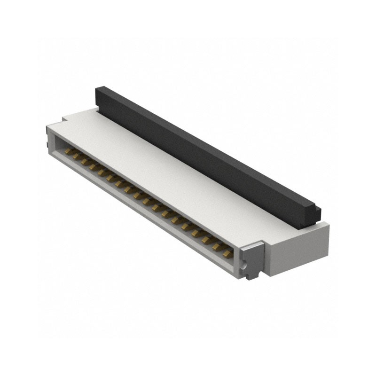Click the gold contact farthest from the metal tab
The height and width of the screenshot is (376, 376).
(x=68, y=152)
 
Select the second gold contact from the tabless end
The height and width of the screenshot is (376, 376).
(x=76, y=156)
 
